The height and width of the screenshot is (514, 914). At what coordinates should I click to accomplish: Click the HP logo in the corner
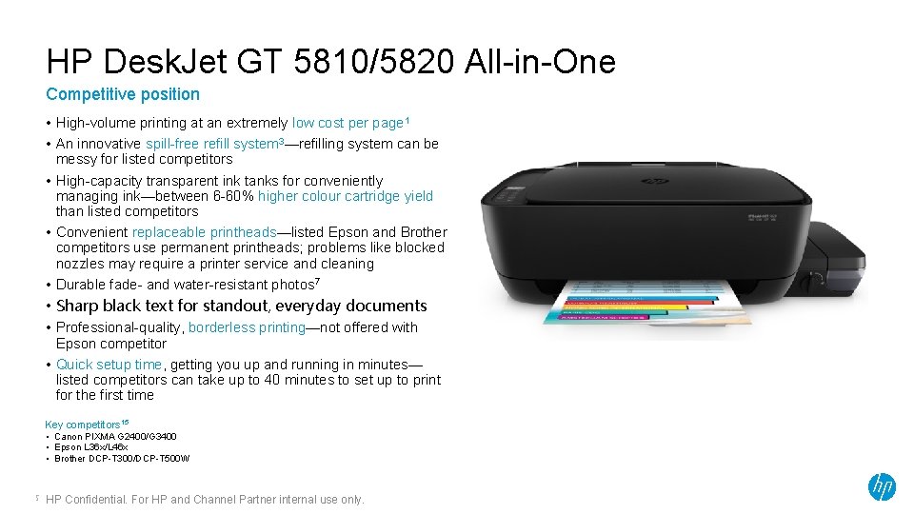pos(882,486)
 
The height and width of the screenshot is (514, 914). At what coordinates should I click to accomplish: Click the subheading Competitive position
pos(123,94)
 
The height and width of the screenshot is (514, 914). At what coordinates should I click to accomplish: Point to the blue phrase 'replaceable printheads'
pos(203,232)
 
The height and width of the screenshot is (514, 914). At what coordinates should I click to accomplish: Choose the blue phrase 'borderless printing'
pos(247,327)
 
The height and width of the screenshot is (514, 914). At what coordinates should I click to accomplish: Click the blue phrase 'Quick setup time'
pos(109,365)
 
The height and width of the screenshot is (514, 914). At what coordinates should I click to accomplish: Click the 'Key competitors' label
pos(84,424)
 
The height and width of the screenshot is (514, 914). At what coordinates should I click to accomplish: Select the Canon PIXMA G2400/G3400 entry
pos(115,436)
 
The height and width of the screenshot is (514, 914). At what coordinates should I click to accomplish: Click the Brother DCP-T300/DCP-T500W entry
pos(122,459)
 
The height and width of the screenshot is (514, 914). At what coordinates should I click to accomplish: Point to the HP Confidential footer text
pos(205,500)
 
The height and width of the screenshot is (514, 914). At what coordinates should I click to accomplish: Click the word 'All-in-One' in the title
pos(540,63)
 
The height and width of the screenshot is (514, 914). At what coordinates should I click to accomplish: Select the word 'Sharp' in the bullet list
pos(77,306)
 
